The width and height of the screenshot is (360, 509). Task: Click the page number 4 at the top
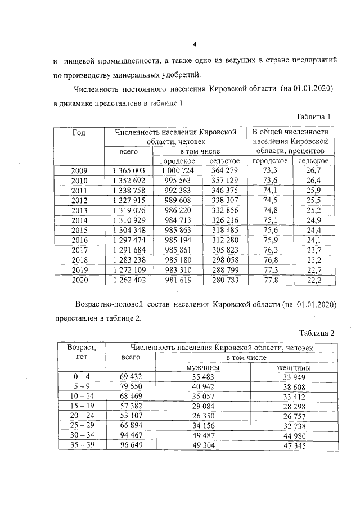pos(193,46)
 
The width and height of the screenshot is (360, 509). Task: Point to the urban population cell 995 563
pos(177,181)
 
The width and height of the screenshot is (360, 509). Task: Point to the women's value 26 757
pos(294,416)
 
